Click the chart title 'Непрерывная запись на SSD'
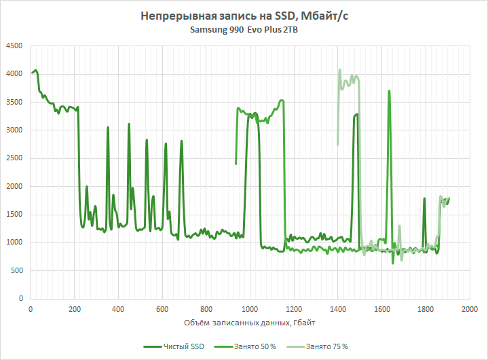[244, 16]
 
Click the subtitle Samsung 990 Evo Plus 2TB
[244, 31]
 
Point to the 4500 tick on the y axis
[14, 46]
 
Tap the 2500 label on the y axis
[14, 159]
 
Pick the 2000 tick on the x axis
[469, 309]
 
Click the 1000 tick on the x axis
[250, 309]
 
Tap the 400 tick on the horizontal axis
[118, 309]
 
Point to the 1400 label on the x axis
[337, 309]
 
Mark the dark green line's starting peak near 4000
[35, 70]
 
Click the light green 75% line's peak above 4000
[339, 69]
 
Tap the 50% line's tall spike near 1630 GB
[389, 91]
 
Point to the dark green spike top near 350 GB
[107, 128]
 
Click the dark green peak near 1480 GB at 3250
[356, 115]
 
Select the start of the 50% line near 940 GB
[236, 163]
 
